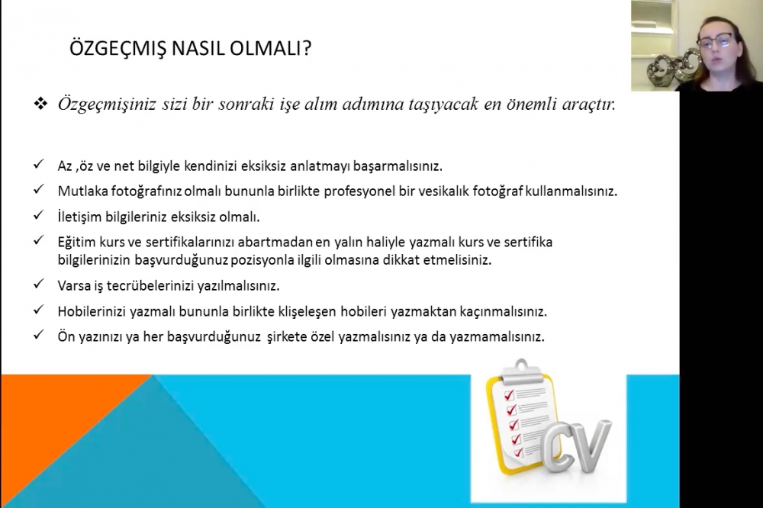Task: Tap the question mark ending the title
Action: point(307,49)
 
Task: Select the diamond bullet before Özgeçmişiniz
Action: point(40,103)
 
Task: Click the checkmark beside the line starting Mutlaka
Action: point(38,189)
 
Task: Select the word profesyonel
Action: point(359,191)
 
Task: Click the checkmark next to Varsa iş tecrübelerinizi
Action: point(38,283)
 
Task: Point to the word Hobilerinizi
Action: point(92,311)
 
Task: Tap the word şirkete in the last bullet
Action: point(286,336)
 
